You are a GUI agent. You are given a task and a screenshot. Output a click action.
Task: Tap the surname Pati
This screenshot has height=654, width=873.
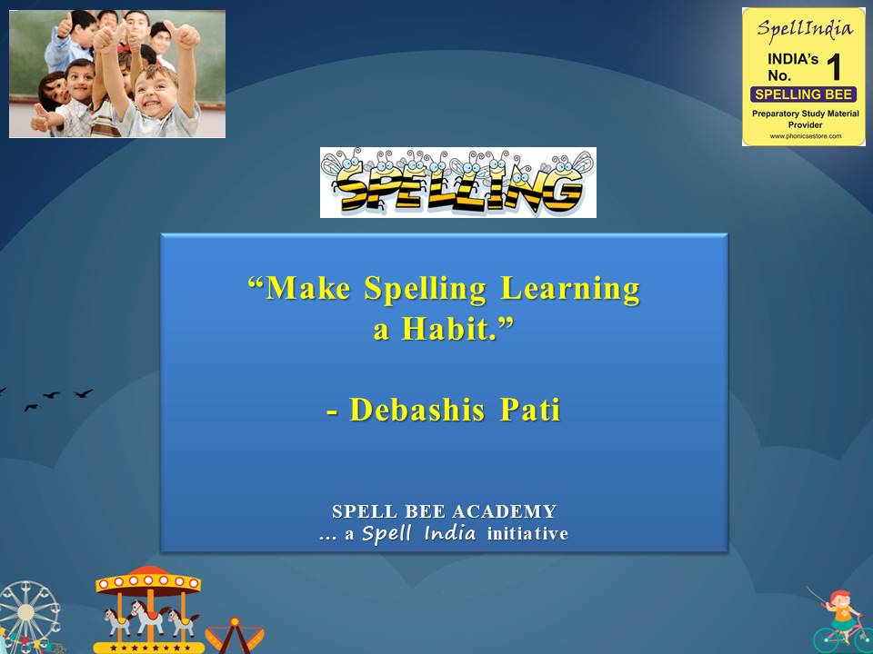(530, 410)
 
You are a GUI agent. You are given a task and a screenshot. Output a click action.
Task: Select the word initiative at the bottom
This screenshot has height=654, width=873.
(527, 533)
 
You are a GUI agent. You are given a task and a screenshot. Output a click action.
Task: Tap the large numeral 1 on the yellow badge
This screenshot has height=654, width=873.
(834, 66)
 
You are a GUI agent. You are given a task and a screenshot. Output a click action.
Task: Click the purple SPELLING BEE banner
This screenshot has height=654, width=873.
(803, 94)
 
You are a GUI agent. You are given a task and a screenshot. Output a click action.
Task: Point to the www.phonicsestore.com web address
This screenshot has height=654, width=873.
(805, 135)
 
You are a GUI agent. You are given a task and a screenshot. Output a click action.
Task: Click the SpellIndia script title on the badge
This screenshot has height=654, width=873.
(805, 29)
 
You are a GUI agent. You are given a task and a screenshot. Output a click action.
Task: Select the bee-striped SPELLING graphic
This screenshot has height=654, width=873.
(458, 183)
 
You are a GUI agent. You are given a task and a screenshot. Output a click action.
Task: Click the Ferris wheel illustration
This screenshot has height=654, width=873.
(28, 615)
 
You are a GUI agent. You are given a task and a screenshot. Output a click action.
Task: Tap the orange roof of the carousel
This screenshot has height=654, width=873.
(148, 580)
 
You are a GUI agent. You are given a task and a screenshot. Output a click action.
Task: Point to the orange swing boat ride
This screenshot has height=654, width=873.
(235, 635)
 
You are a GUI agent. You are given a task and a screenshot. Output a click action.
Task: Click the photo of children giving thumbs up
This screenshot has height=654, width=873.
(117, 74)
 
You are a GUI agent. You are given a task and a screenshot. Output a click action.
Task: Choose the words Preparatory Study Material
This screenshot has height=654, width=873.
(805, 114)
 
